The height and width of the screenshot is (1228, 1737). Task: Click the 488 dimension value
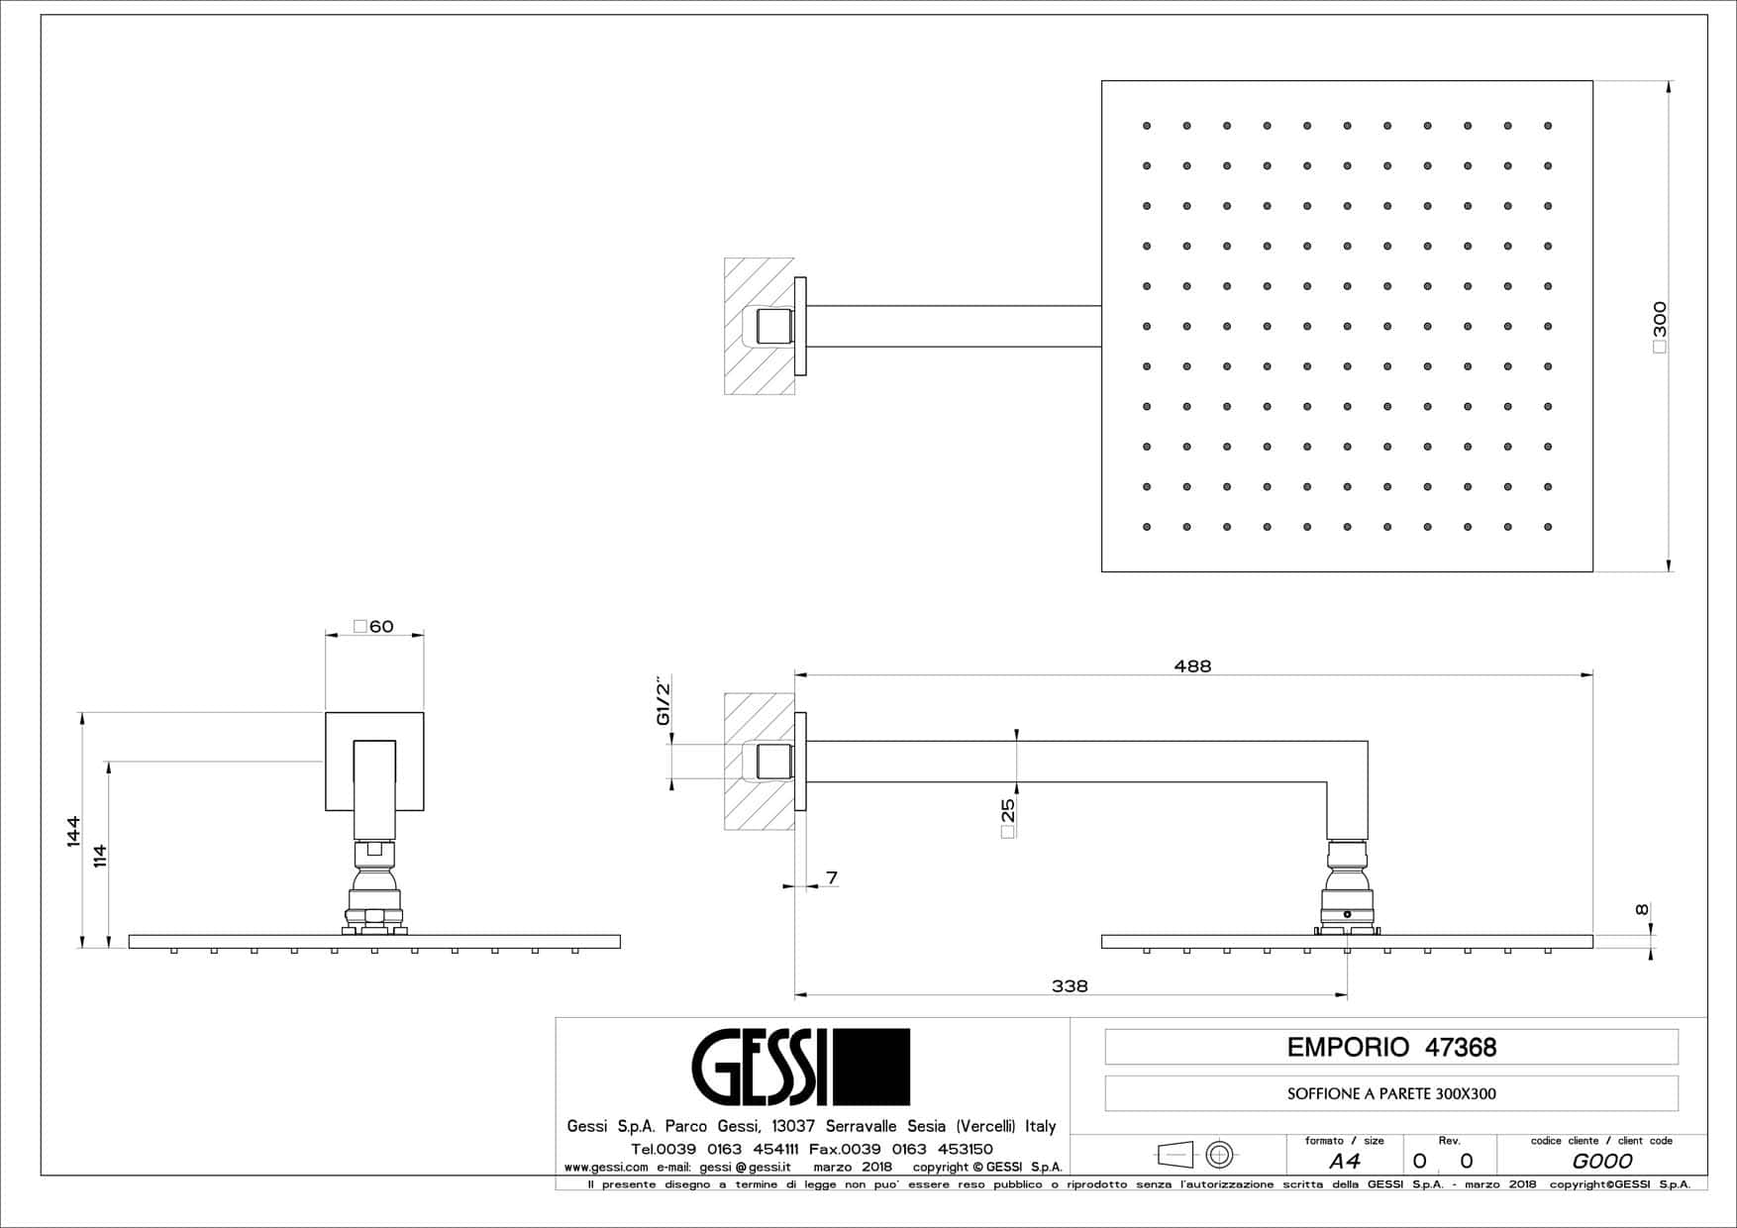[x=1192, y=666]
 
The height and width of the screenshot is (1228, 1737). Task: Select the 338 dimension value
[x=1070, y=986]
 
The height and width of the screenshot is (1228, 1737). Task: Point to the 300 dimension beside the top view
[x=1660, y=327]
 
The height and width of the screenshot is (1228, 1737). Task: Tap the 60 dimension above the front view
[x=374, y=626]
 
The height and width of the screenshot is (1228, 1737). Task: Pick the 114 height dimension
[x=99, y=856]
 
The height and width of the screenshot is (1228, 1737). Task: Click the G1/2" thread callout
[x=664, y=702]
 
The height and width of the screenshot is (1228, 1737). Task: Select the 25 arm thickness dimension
[x=1008, y=818]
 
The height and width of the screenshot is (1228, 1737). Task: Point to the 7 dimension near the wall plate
[x=832, y=877]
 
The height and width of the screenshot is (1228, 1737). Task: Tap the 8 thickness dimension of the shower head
[x=1642, y=910]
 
